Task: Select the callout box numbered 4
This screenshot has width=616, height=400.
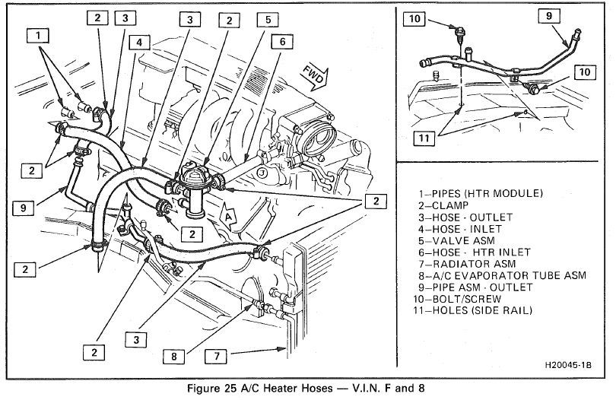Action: coord(140,43)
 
